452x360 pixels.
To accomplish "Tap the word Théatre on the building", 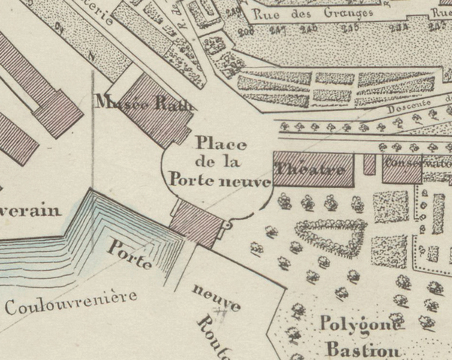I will [x=311, y=170].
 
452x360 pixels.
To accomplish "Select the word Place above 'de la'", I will [x=215, y=142].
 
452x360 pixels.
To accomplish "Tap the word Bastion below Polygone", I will [x=364, y=349].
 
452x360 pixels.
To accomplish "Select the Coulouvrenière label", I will [x=71, y=301].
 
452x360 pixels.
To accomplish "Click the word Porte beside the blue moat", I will [x=131, y=256].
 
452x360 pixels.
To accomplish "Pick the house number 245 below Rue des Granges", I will [x=349, y=30].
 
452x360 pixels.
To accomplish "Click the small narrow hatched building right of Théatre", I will [x=369, y=165].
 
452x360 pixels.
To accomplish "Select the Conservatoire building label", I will [x=417, y=162].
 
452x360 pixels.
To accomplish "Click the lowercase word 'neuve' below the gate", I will [x=216, y=298].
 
